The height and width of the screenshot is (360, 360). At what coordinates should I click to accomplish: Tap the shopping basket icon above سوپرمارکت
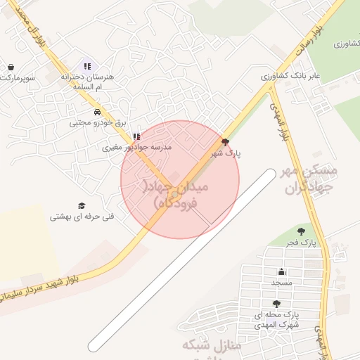tap(11, 67)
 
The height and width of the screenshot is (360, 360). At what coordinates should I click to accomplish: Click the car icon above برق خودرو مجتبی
tap(96, 111)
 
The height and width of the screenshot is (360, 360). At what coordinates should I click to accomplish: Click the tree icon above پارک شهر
tap(224, 141)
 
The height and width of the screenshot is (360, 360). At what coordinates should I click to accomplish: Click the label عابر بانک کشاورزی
tap(291, 75)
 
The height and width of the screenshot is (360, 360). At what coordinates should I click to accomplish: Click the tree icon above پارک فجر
tap(301, 231)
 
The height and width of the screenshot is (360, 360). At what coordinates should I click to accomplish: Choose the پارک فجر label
tap(301, 243)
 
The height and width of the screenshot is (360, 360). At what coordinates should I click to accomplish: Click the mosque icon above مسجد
tap(282, 271)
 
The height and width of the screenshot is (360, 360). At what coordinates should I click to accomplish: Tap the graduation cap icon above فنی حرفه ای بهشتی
tap(82, 205)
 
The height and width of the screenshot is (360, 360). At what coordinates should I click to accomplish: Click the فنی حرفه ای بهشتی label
tap(82, 217)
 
